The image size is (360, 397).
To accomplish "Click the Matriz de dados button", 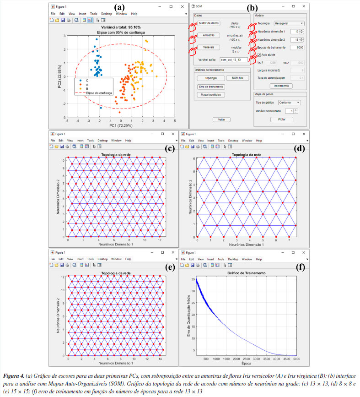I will click(210, 23).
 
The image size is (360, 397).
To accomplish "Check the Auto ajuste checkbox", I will click(260, 54).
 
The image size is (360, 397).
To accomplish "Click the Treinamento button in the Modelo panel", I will click(281, 86).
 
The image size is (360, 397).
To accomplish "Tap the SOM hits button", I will click(237, 78).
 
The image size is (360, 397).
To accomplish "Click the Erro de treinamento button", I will click(211, 87).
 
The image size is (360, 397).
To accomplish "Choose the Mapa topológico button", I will click(211, 95).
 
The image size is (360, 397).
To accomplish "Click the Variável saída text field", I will click(233, 60).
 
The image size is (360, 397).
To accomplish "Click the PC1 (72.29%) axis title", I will click(121, 125).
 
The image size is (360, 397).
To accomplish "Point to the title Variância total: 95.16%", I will click(121, 27).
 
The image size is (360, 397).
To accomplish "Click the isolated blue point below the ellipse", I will click(101, 108).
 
